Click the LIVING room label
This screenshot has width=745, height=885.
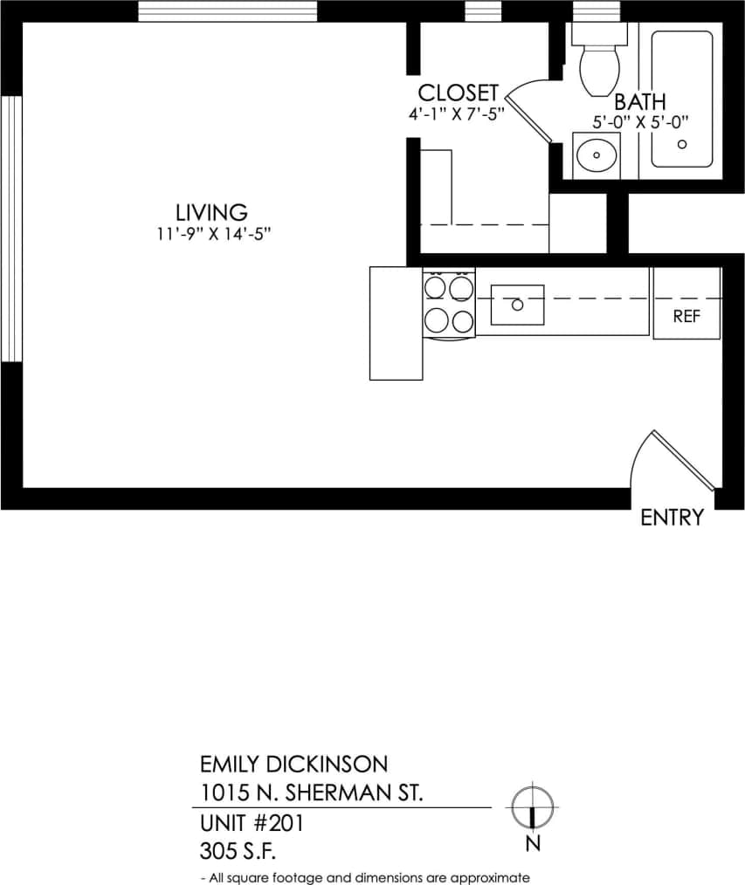(x=211, y=212)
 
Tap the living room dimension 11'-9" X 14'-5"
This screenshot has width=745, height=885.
(x=211, y=234)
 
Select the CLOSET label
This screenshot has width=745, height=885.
(x=458, y=93)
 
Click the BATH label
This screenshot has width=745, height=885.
(x=639, y=101)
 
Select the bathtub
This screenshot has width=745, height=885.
(x=681, y=99)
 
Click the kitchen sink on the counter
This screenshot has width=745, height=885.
(x=517, y=305)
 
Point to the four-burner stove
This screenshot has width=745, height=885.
(x=449, y=302)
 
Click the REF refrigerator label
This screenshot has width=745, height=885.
(x=686, y=317)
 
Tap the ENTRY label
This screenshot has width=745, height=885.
(x=672, y=518)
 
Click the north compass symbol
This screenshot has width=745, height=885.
(x=532, y=806)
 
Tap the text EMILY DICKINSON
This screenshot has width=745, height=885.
(x=293, y=765)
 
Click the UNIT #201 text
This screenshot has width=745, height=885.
(x=252, y=822)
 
